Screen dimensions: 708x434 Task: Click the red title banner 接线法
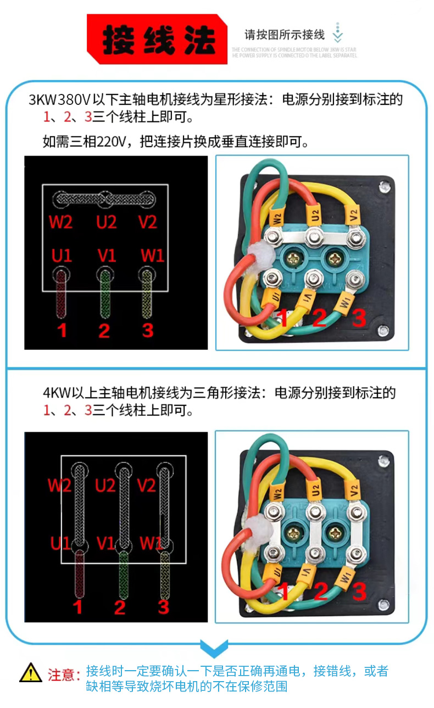point(157,40)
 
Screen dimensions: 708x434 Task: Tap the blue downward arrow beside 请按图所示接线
point(338,34)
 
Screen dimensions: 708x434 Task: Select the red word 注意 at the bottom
point(60,674)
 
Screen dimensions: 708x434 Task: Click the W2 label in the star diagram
point(60,222)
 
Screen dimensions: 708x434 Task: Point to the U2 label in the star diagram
point(106,222)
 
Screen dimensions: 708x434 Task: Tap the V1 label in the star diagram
point(106,255)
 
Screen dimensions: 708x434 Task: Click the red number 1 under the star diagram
point(62,330)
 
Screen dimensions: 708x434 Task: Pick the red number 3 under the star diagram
point(147,330)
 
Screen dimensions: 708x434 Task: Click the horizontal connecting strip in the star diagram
point(103,199)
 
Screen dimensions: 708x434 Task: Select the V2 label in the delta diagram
point(147,486)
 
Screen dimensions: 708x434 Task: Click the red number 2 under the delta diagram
point(119,607)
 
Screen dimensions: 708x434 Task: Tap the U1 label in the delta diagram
point(61,543)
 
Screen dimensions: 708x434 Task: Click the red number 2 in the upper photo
point(320,318)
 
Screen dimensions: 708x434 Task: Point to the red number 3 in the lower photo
point(359,592)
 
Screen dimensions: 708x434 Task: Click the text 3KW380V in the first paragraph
point(59,100)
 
